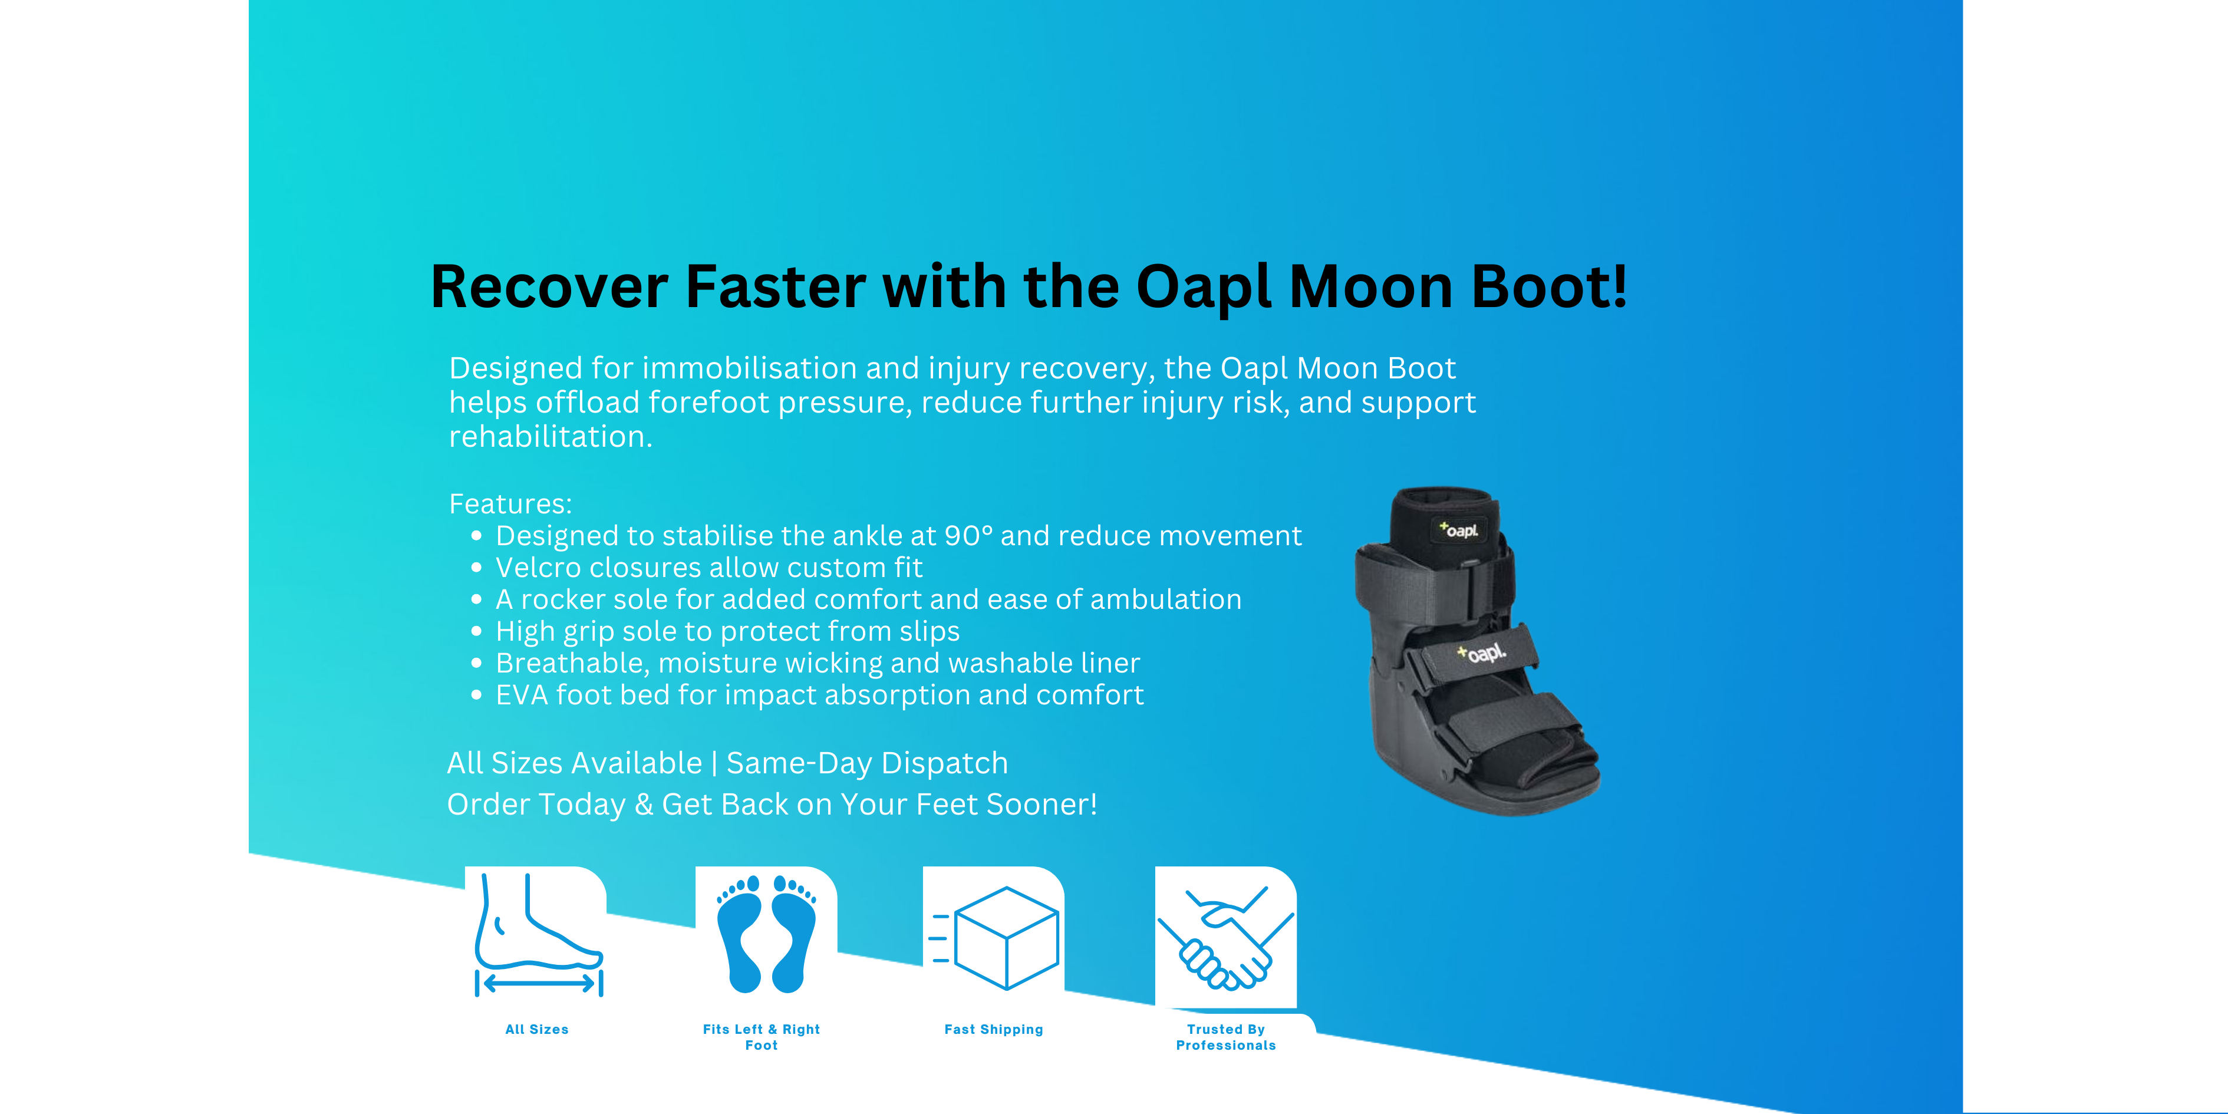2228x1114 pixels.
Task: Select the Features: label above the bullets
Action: [x=510, y=503]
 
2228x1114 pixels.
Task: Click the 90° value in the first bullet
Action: [x=968, y=536]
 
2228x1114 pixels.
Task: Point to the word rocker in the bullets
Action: [x=562, y=599]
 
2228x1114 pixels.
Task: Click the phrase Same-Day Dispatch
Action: [x=866, y=763]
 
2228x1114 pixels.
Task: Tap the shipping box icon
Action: [x=995, y=937]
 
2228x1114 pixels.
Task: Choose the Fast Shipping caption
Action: [x=994, y=1029]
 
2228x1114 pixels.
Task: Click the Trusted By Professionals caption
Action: [x=1225, y=1037]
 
